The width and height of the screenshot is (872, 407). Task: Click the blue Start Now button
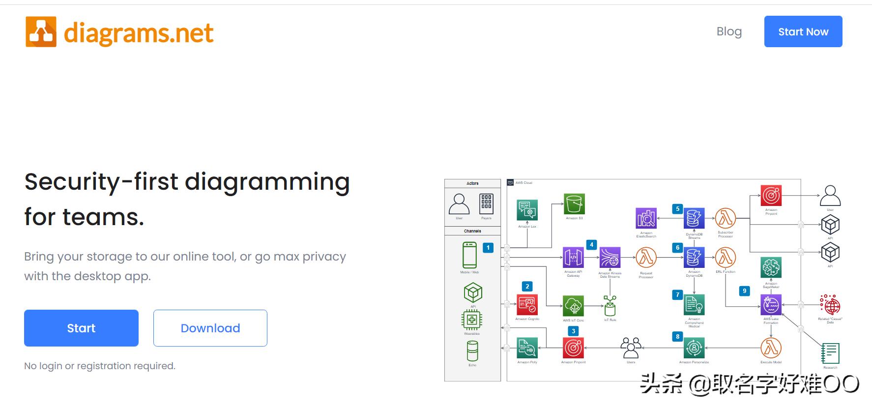click(803, 31)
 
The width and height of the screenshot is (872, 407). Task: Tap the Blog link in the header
click(729, 31)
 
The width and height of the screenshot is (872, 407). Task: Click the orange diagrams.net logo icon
click(41, 32)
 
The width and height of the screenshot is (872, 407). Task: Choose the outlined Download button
click(210, 328)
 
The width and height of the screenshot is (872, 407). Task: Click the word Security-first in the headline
click(101, 181)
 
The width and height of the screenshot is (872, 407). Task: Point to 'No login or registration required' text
click(100, 366)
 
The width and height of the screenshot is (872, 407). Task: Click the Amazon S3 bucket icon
click(574, 204)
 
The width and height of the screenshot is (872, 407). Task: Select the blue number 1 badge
click(488, 248)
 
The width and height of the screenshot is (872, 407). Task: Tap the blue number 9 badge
click(744, 291)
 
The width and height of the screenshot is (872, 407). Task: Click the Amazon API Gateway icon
click(573, 257)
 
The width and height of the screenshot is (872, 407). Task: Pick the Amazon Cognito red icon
click(527, 305)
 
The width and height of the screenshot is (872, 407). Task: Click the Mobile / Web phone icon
click(469, 255)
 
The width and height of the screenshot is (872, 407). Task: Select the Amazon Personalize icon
click(694, 348)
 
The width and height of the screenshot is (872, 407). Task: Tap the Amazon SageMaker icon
click(771, 268)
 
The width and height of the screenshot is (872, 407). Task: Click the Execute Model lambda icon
click(771, 348)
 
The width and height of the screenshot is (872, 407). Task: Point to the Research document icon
click(830, 353)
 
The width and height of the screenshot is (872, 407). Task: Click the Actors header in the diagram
click(472, 183)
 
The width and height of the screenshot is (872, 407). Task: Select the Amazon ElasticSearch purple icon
click(646, 218)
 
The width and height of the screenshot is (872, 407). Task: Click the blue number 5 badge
click(677, 209)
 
